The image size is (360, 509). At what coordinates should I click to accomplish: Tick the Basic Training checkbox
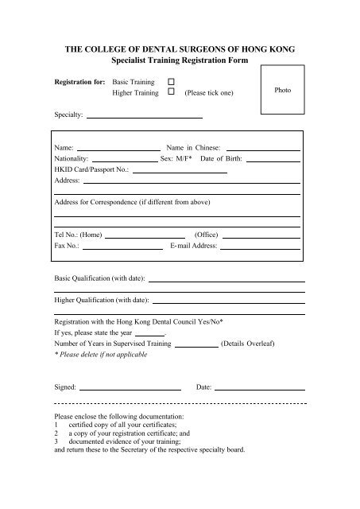(x=171, y=82)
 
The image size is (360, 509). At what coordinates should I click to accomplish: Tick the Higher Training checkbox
(x=171, y=93)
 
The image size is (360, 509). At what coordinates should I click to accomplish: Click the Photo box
(x=282, y=91)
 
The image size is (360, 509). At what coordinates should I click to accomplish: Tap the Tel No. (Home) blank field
(x=145, y=235)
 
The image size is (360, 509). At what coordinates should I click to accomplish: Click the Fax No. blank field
(x=123, y=247)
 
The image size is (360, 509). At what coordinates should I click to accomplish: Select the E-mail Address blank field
(x=260, y=247)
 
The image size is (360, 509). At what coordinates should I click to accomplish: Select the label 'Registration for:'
(x=79, y=82)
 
